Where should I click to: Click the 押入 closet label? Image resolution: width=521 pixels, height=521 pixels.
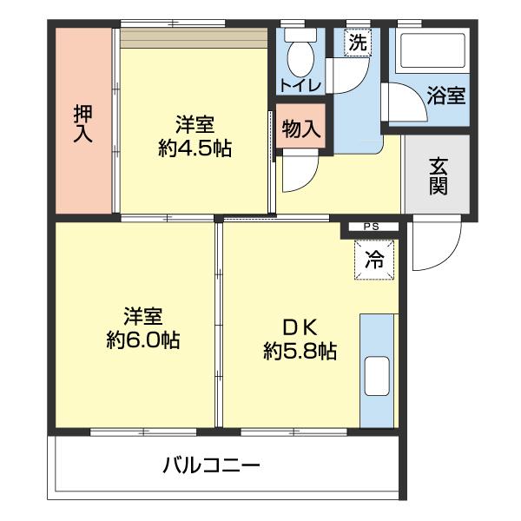(83, 124)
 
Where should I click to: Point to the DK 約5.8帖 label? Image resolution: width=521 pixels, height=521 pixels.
(300, 340)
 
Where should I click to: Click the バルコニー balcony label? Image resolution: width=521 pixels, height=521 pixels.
(211, 465)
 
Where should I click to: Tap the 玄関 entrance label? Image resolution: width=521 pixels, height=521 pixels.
(437, 175)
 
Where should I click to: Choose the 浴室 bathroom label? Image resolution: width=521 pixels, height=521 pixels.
(445, 96)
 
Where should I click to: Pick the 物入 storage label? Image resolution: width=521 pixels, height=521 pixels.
(300, 129)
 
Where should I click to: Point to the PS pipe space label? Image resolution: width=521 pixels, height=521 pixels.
(371, 228)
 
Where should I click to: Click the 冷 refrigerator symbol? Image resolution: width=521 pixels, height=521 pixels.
(373, 259)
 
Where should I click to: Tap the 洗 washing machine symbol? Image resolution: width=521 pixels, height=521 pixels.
(357, 41)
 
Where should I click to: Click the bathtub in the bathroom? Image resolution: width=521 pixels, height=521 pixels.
(432, 54)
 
